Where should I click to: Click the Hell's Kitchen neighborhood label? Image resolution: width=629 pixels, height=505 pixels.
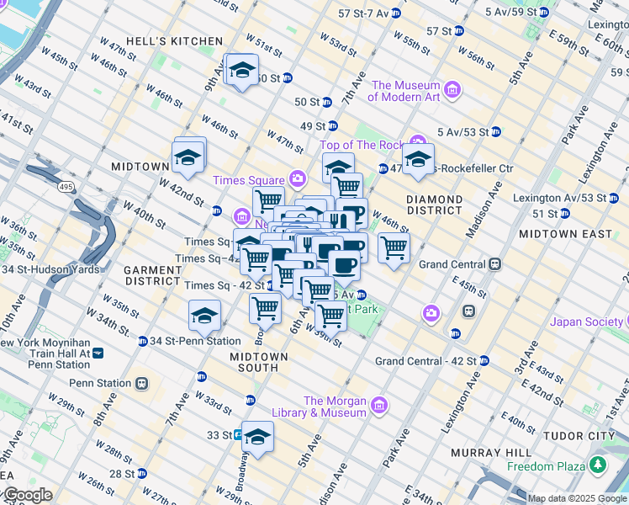point(174,41)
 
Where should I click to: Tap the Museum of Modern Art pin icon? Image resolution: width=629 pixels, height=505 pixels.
point(452,90)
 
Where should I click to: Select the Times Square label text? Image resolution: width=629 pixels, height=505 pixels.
point(248,180)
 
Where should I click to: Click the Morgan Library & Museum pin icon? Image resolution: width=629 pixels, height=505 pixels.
point(379,407)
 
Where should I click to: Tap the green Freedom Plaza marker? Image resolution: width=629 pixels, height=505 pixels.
point(598,465)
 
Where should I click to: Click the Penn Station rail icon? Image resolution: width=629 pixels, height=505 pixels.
point(141,383)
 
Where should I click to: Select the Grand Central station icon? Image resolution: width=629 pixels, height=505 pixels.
point(495,264)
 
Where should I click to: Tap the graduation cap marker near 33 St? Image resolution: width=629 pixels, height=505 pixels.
point(258,436)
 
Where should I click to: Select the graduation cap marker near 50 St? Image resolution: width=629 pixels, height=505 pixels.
point(242,70)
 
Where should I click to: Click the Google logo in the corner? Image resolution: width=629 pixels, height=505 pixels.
point(27,495)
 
